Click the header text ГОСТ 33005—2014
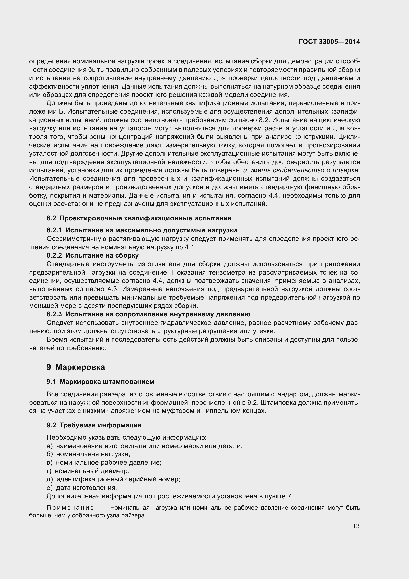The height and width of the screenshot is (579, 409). (x=329, y=42)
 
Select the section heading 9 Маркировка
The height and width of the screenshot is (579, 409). (x=76, y=367)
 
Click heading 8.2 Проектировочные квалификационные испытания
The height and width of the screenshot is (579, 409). (x=139, y=218)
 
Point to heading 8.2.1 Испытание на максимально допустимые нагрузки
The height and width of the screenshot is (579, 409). (x=142, y=230)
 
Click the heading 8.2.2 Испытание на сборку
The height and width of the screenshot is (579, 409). (x=93, y=255)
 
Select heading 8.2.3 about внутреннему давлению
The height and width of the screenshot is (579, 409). (x=148, y=314)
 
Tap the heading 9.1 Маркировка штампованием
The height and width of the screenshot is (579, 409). (x=100, y=382)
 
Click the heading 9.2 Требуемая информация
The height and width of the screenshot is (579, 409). (x=94, y=425)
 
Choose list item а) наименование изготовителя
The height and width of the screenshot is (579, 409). (x=144, y=446)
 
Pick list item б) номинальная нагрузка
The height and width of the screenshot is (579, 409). (x=88, y=454)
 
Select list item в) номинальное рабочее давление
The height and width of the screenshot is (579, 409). (x=104, y=462)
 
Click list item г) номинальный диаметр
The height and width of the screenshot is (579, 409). (x=88, y=471)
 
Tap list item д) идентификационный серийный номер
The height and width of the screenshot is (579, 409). (x=113, y=479)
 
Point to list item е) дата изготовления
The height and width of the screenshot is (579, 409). (x=82, y=488)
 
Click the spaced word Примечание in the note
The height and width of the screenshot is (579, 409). (x=70, y=508)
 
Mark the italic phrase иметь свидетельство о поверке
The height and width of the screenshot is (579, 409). (x=303, y=170)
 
